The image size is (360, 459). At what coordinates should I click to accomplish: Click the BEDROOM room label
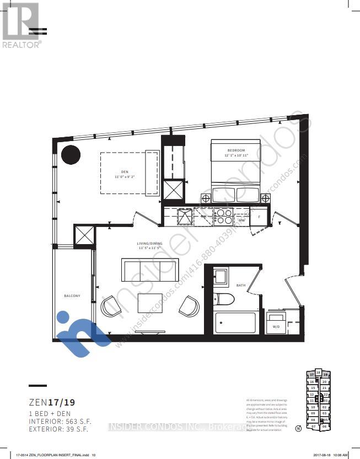point(235,150)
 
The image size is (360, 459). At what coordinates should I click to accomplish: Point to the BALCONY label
point(72,296)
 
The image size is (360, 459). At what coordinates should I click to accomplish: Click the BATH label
point(241,285)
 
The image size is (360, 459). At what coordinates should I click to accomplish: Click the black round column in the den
point(71,155)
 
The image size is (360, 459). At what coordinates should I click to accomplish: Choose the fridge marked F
point(259,217)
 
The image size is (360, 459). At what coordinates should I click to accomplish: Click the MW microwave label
point(241,220)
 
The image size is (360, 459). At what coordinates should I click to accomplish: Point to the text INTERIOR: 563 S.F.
point(60,421)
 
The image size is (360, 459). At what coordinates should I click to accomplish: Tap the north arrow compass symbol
point(298,428)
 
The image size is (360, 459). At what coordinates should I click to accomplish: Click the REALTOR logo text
point(21,45)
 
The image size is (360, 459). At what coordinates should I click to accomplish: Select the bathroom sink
point(221,276)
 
